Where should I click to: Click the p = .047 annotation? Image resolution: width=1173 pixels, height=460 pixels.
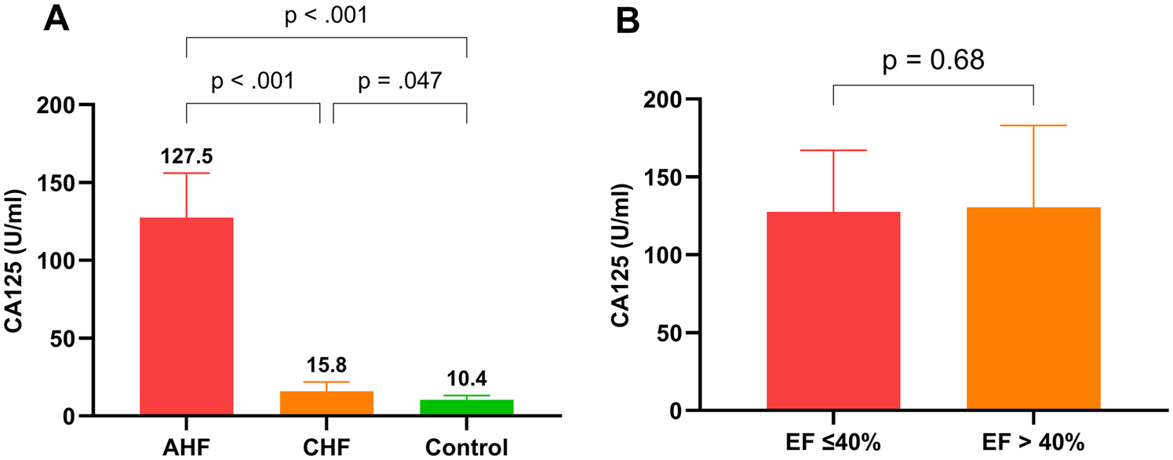click(400, 80)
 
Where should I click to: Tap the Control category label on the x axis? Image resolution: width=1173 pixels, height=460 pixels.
click(466, 447)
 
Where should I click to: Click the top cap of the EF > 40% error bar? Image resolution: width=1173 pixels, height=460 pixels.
click(1033, 126)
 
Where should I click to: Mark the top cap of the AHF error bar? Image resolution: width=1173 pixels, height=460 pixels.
click(186, 173)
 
